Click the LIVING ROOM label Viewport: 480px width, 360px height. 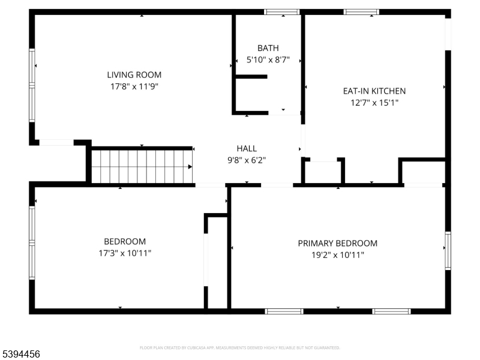[134, 75]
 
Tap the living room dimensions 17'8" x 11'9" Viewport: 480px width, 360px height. [134, 86]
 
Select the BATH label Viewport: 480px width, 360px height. [268, 48]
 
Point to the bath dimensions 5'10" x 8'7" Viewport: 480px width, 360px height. [268, 60]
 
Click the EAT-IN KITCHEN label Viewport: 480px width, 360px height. [374, 91]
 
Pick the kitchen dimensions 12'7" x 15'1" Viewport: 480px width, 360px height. [374, 103]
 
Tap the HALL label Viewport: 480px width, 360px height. [247, 149]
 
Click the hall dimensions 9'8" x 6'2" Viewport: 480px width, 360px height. [247, 160]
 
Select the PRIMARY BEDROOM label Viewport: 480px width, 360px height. [338, 243]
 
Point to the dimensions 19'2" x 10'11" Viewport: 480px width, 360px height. [338, 255]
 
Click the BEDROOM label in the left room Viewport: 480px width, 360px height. [125, 241]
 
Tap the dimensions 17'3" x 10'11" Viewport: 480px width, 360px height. [125, 253]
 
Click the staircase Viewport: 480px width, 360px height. [141, 166]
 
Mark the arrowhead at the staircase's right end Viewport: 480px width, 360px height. [190, 167]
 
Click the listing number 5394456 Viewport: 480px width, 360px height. [21, 355]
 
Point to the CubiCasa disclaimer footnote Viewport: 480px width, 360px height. [240, 347]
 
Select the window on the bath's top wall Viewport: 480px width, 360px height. [282, 11]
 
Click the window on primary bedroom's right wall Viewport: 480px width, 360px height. [448, 250]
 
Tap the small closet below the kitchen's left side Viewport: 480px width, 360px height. [323, 171]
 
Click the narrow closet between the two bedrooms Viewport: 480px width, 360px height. [217, 262]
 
